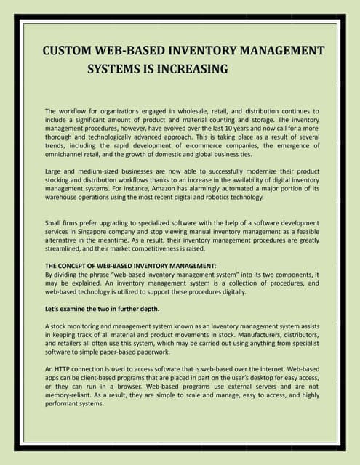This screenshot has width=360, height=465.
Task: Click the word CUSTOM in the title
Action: point(68,51)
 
